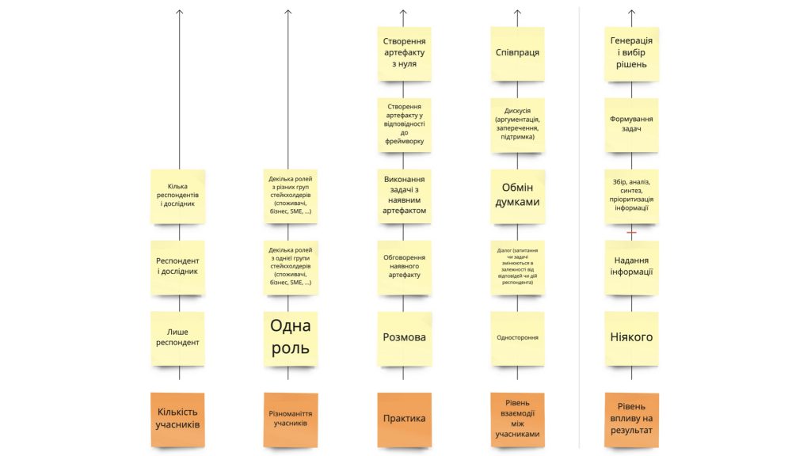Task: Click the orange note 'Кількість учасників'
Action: pos(177,420)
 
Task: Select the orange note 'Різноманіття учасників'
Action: pos(290,420)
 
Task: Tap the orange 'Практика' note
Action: pos(404,420)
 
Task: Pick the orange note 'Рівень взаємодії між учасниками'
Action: pos(517,420)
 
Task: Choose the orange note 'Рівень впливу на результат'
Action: pos(631,420)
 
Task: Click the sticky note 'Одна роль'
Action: pos(290,338)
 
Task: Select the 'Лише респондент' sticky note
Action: pos(177,338)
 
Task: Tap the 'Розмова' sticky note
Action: pos(404,338)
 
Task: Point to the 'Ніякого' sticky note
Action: pos(631,338)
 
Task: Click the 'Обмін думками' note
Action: pos(517,196)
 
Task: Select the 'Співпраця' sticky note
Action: pos(517,54)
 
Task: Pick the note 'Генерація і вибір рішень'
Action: pos(631,54)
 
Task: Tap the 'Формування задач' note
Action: pos(631,124)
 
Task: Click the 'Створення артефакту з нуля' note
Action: pos(404,54)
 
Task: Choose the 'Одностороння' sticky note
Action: pos(517,338)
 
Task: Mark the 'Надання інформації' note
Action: pos(631,268)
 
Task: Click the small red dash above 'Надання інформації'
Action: pos(631,232)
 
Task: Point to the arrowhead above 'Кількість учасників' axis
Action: pos(180,11)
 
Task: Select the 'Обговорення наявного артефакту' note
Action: pos(404,268)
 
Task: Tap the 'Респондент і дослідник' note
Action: pos(177,268)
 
